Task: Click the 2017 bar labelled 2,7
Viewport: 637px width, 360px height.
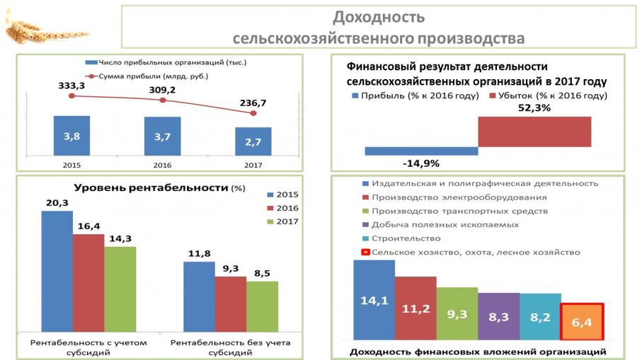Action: pos(253,141)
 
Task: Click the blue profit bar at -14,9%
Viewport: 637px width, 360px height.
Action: pos(421,151)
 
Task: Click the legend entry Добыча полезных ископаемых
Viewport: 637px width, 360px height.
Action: pos(440,225)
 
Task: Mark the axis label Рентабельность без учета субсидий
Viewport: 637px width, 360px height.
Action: pos(230,347)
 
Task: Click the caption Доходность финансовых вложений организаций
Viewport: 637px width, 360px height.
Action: pos(478,351)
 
